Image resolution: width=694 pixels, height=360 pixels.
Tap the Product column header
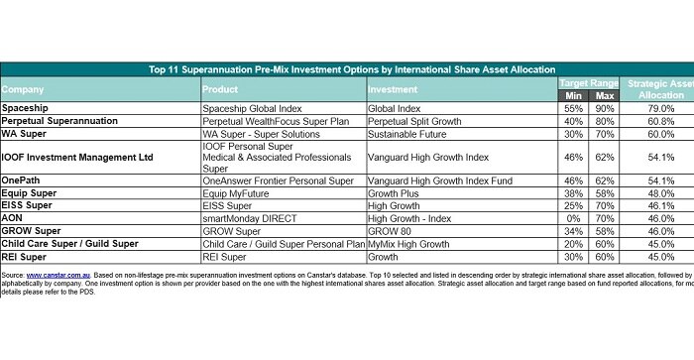[221, 89]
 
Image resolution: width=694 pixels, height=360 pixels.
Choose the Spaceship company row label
[27, 106]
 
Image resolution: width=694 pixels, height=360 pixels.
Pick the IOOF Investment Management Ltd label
[77, 157]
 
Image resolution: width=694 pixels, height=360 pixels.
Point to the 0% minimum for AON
[572, 217]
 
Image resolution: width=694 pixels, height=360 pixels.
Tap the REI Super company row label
[28, 255]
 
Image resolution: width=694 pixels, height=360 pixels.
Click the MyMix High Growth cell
[410, 242]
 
